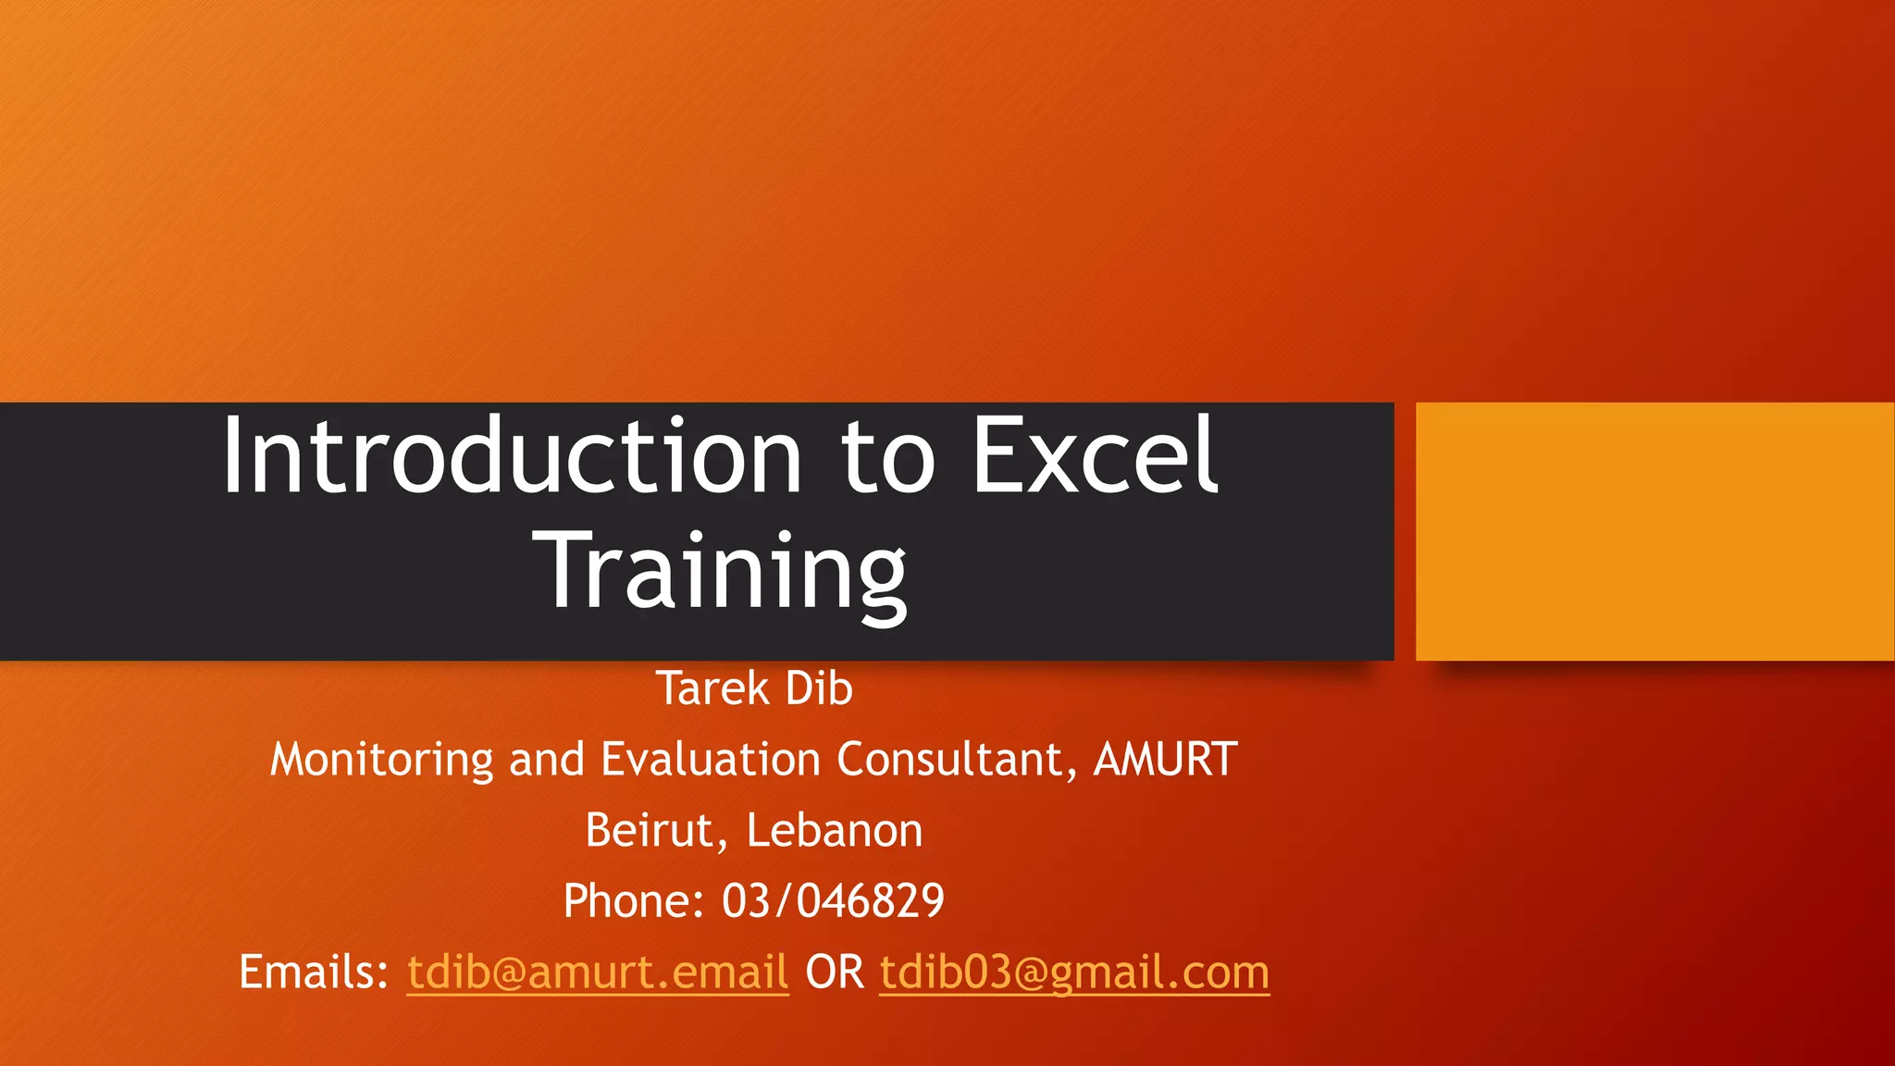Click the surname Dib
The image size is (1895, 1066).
tap(819, 688)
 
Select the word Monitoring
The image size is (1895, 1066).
tap(381, 761)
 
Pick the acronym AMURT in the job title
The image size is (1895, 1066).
tap(1166, 760)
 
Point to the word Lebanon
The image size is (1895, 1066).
tap(835, 831)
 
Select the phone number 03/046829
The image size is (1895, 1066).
tap(833, 901)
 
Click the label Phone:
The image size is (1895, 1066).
tap(634, 901)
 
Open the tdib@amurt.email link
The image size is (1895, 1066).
tap(598, 973)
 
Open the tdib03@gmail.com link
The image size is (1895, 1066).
tap(1074, 973)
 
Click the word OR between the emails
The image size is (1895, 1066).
tap(835, 973)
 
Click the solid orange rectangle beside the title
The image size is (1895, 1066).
tap(1654, 531)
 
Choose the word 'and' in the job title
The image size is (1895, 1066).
tap(547, 760)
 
